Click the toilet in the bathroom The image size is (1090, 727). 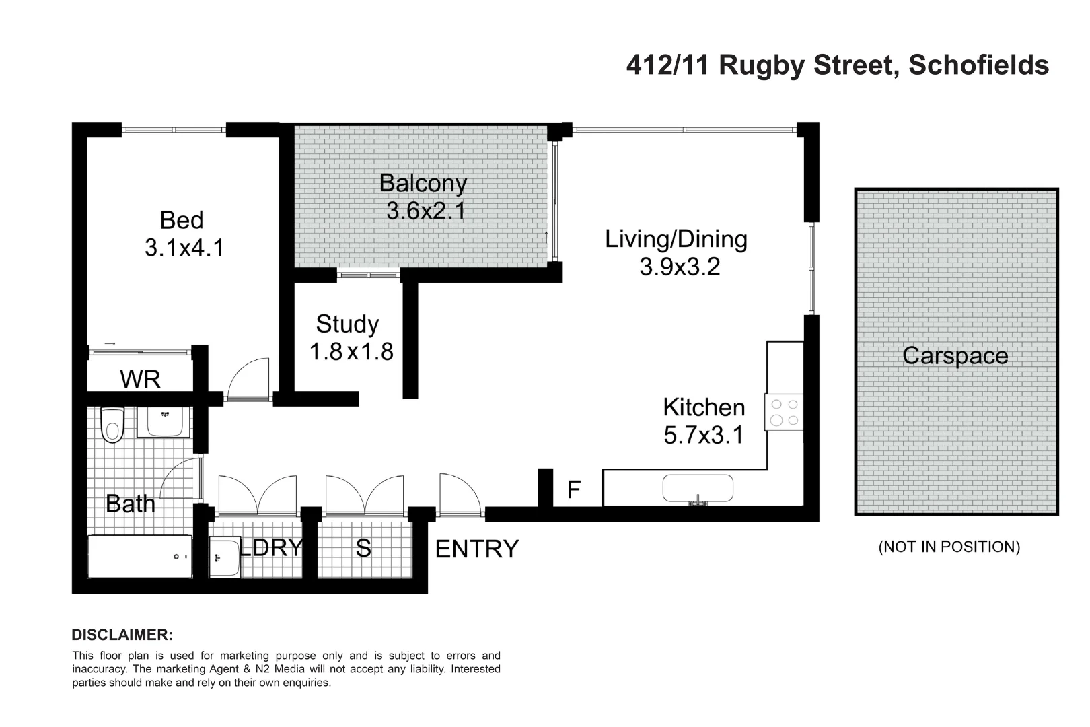(x=112, y=425)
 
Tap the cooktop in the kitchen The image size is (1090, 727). (x=784, y=412)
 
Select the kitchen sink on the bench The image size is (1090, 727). (x=698, y=489)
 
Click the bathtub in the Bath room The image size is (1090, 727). (x=140, y=556)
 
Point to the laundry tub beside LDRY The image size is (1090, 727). (x=224, y=557)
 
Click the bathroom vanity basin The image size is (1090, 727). (x=164, y=422)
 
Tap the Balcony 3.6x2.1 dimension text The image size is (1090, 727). (x=426, y=211)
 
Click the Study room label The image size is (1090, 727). (x=347, y=324)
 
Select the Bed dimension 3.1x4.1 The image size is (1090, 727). (x=184, y=248)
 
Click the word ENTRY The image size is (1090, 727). (x=477, y=549)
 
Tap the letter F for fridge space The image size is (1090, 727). (x=573, y=490)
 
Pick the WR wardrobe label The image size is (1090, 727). (x=140, y=380)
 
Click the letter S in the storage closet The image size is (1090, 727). (x=363, y=549)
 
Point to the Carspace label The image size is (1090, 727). (x=955, y=355)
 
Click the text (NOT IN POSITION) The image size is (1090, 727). (x=949, y=547)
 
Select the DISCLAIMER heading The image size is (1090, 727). (x=122, y=635)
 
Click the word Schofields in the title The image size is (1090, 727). (x=978, y=65)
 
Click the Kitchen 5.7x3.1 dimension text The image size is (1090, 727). (x=704, y=435)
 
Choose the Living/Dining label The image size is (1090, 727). (x=676, y=239)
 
